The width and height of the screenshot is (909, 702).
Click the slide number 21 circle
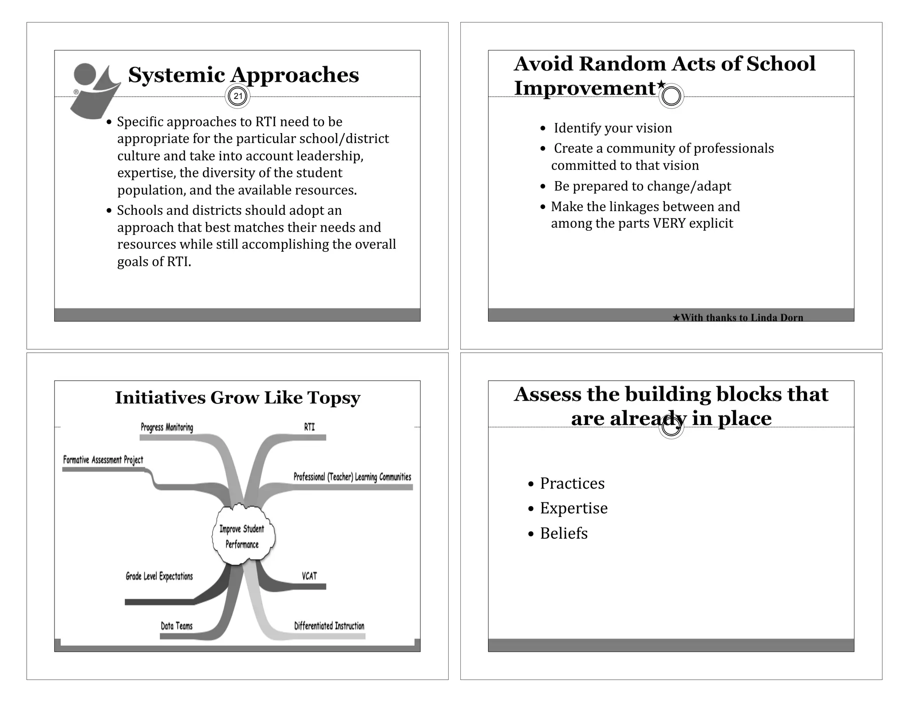click(238, 96)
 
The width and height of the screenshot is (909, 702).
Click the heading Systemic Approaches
click(243, 75)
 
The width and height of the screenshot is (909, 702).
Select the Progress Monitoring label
click(167, 427)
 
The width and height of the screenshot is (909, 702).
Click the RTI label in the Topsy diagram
click(309, 427)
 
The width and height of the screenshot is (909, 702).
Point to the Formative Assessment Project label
click(103, 460)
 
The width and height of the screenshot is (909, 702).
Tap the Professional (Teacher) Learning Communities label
click(352, 477)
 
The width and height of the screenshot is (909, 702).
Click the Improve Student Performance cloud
click(242, 536)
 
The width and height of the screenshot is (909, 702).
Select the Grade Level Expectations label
click(159, 576)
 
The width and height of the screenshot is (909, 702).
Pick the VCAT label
click(309, 576)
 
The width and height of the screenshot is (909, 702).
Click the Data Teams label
click(177, 626)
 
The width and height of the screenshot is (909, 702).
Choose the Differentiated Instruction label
click(329, 626)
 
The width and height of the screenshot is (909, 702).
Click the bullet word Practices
click(572, 483)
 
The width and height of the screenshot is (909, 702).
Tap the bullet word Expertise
click(573, 508)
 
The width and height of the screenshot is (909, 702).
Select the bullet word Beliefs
click(564, 533)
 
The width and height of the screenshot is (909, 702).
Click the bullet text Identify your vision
click(613, 128)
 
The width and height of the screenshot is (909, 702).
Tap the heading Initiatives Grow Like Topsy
click(237, 398)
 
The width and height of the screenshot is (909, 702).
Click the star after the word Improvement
click(661, 84)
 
